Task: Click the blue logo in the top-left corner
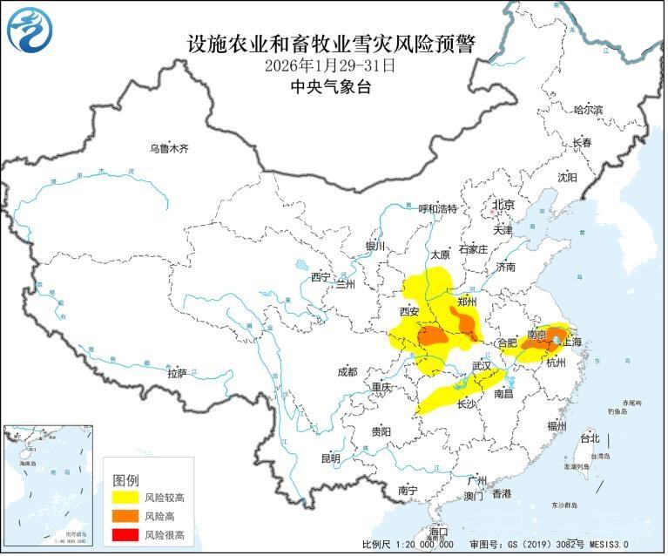(x=30, y=29)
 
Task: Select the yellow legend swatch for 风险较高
(x=126, y=498)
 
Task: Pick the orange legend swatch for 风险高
(x=126, y=516)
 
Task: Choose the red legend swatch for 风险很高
(x=126, y=534)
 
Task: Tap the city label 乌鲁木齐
(x=168, y=149)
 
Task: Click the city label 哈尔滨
(x=588, y=110)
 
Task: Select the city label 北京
(x=504, y=206)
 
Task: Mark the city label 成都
(x=346, y=372)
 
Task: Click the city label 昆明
(x=330, y=458)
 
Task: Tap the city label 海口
(x=438, y=532)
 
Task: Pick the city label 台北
(x=590, y=438)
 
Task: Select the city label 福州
(x=557, y=425)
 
